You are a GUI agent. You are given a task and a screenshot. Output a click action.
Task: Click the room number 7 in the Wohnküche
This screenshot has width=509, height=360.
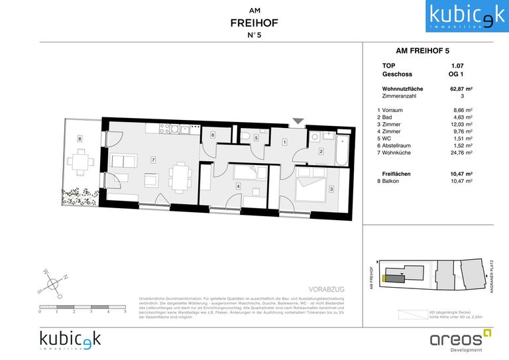tap(153, 160)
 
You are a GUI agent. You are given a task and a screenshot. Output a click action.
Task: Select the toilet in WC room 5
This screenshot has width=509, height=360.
tap(247, 138)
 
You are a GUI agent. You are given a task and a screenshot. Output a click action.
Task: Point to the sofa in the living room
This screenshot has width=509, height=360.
tap(123, 161)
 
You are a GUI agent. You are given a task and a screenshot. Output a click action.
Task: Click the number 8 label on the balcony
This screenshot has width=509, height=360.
tap(80, 139)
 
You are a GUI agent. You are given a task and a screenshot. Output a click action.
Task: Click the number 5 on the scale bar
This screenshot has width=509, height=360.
tap(125, 311)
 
